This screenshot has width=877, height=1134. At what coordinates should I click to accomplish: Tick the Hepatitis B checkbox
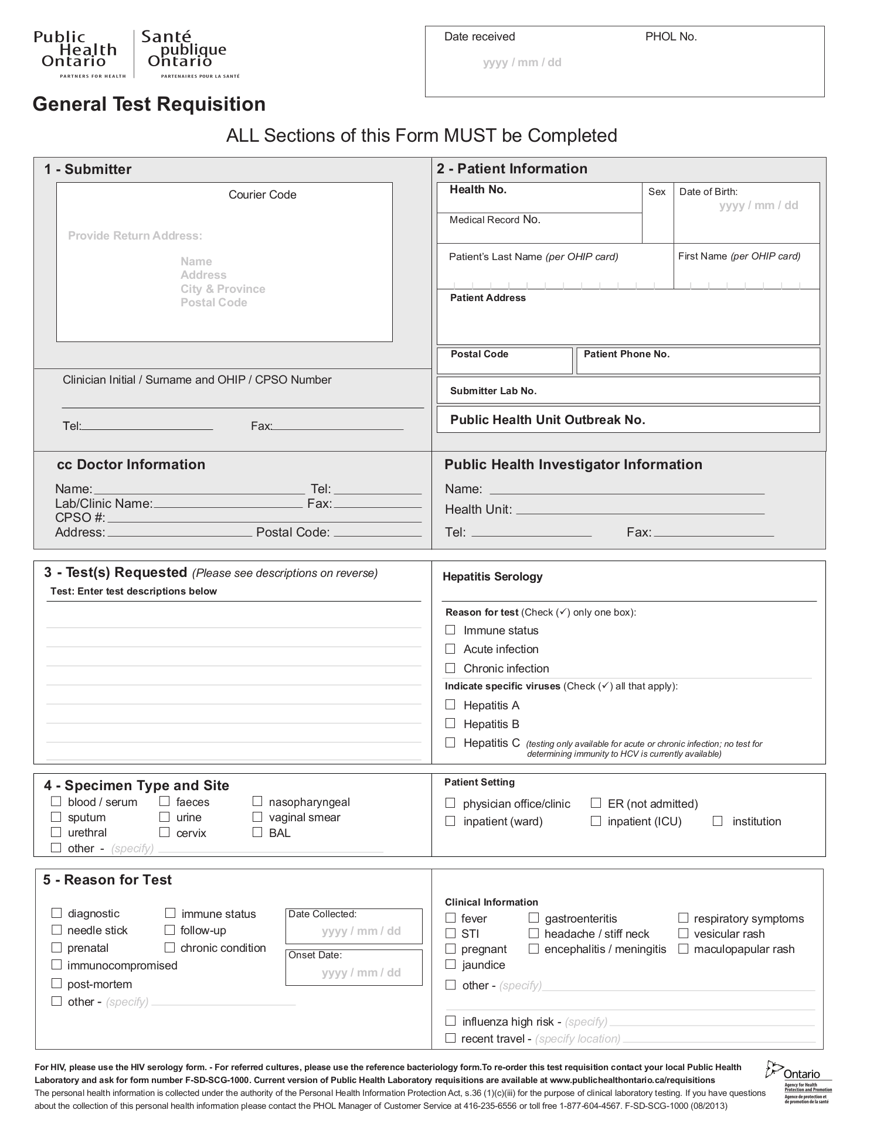coord(450,723)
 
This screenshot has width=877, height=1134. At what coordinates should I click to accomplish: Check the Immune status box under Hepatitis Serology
coord(450,630)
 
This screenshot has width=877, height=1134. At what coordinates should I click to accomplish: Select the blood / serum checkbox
coord(56,801)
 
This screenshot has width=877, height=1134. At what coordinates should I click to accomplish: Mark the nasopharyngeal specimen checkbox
coord(257,801)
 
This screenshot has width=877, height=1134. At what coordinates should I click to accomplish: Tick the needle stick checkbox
coord(56,930)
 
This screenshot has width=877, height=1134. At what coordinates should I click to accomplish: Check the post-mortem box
coord(56,983)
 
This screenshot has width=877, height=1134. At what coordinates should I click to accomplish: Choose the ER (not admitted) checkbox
coord(596,803)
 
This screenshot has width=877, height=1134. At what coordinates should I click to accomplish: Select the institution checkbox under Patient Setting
coord(718,821)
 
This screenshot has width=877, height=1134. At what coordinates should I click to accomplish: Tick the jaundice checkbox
coord(450,964)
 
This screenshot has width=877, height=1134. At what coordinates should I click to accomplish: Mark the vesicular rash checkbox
coord(683,934)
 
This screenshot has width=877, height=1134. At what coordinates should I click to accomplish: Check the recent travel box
coord(450,1038)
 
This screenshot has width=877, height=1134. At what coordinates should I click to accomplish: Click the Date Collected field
coord(353,931)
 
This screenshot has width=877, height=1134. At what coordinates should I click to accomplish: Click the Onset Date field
coord(353,972)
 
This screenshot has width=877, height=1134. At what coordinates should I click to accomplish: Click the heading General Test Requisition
coord(149,104)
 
